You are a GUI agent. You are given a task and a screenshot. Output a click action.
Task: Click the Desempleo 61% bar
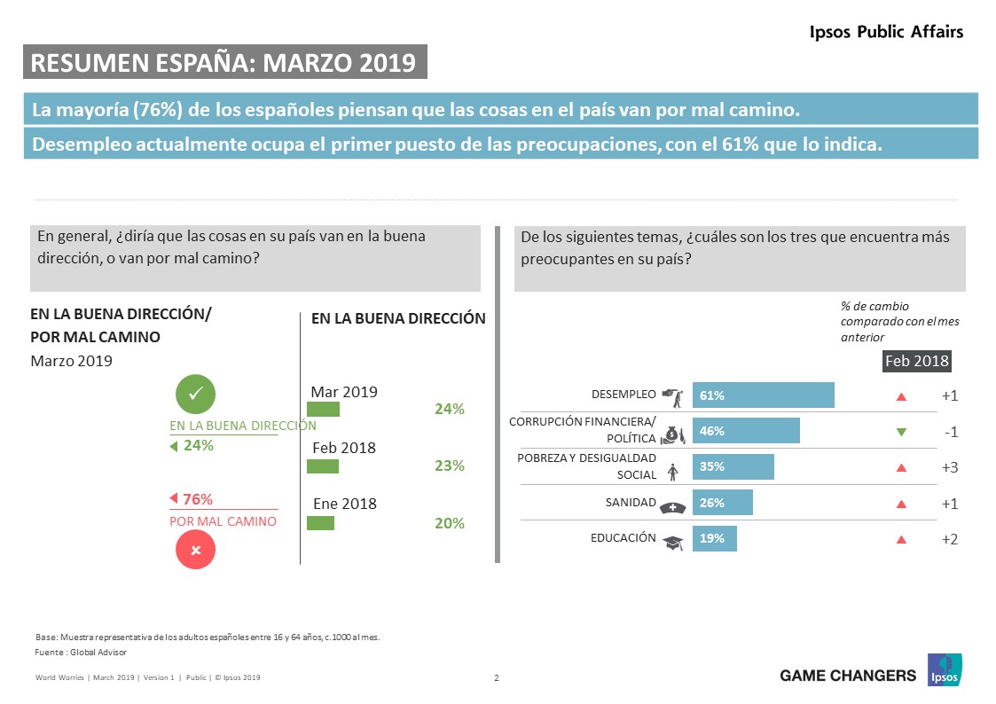click(x=763, y=395)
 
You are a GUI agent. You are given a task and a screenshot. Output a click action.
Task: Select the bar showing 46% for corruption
click(x=746, y=431)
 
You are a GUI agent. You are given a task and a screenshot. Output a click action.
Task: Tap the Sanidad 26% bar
click(x=722, y=503)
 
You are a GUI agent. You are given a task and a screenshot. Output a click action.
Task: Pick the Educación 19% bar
click(x=714, y=538)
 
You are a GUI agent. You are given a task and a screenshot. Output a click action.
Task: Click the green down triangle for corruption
click(x=901, y=432)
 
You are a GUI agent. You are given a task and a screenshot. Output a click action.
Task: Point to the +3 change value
click(x=949, y=467)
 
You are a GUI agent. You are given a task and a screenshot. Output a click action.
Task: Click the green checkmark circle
click(x=196, y=395)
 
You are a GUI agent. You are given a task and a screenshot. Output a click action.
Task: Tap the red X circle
click(x=196, y=550)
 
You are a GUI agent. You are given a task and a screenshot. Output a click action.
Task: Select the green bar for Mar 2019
click(x=323, y=409)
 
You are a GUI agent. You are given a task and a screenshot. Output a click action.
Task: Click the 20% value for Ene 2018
click(x=450, y=523)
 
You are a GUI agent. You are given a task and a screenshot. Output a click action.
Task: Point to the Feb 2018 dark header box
click(x=917, y=361)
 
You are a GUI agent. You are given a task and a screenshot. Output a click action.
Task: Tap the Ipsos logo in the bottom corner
click(x=945, y=670)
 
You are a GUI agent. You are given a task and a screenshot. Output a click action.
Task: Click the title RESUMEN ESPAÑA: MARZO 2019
click(x=224, y=62)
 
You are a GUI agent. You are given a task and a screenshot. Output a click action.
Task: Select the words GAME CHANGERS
click(x=847, y=676)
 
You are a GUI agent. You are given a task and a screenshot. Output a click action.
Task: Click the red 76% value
click(x=197, y=499)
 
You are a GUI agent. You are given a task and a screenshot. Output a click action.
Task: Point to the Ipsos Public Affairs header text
click(x=886, y=32)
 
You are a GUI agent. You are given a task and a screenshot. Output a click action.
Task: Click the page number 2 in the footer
click(x=497, y=678)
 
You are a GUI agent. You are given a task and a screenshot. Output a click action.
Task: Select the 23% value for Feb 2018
click(x=450, y=465)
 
